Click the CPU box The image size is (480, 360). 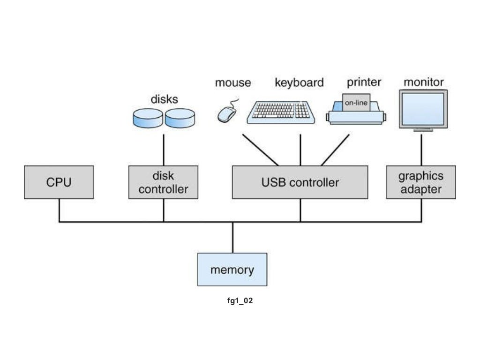point(59,182)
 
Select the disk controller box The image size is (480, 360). point(163,182)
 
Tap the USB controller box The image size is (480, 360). point(300,182)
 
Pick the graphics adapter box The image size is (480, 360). point(421,182)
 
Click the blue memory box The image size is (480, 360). point(232,270)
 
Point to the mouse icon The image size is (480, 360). point(227,113)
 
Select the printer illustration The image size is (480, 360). point(356,112)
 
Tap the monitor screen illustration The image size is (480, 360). point(423,109)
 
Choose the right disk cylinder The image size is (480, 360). point(180,118)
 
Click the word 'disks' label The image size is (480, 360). point(164,99)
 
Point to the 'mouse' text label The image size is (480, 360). point(233,83)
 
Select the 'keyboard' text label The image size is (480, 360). point(299,83)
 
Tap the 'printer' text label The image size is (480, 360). point(364,82)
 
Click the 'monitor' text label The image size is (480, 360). point(423,82)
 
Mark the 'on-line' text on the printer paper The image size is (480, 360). point(356,103)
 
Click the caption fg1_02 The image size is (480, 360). point(240,301)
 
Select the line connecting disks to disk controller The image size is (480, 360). point(164,150)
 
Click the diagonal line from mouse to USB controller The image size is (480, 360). point(260,150)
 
